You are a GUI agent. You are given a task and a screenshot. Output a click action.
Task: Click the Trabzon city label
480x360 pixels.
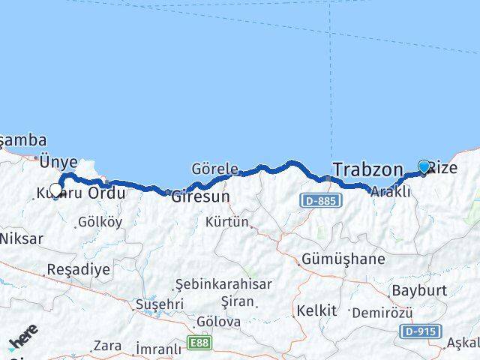pos(367,170)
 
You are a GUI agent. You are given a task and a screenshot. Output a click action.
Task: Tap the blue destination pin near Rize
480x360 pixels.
pos(424,167)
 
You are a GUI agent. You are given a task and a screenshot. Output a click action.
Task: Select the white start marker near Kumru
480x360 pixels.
pos(55,190)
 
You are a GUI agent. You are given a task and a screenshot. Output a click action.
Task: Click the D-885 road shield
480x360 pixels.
pos(323,200)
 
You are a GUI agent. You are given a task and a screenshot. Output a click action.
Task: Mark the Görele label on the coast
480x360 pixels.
pos(214,169)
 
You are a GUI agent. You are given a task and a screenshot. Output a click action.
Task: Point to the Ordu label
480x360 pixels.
pos(106,193)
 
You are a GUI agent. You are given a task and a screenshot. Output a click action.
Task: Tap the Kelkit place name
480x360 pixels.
pos(316,309)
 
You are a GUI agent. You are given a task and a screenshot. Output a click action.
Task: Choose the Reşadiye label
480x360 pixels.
pos(78,268)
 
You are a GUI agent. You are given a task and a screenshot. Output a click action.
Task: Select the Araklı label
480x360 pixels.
pos(391,192)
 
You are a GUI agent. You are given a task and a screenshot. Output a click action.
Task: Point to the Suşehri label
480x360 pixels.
pos(159,304)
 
